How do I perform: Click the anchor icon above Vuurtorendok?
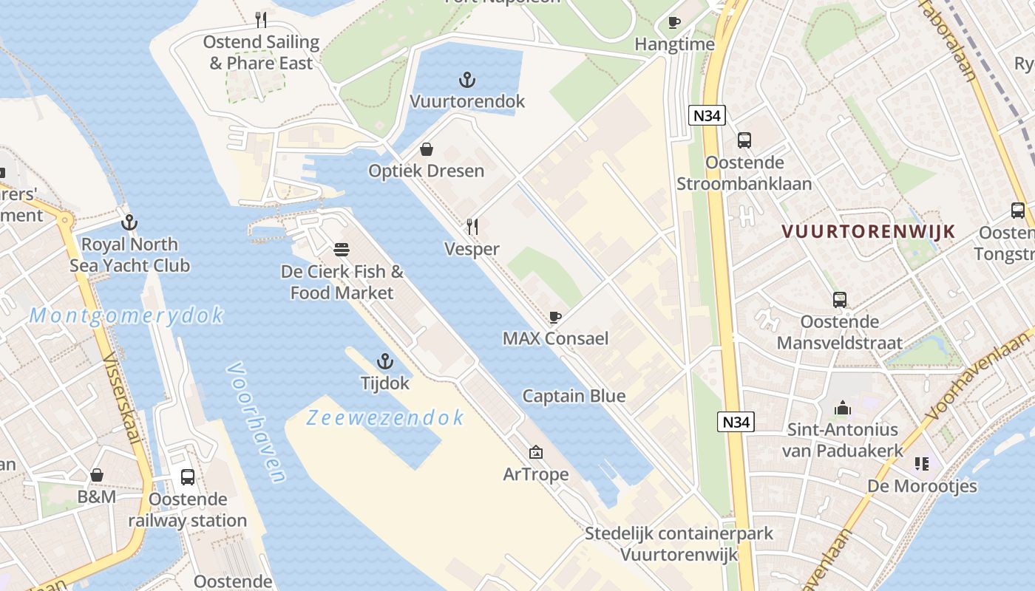pyautogui.click(x=466, y=79)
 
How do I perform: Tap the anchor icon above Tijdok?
pyautogui.click(x=384, y=361)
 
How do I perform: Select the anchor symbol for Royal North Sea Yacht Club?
pyautogui.click(x=129, y=222)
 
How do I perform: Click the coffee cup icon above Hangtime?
pyautogui.click(x=674, y=22)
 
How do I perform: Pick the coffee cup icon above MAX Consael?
pyautogui.click(x=555, y=318)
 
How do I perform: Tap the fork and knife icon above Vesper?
pyautogui.click(x=472, y=226)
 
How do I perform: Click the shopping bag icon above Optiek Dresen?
pyautogui.click(x=427, y=149)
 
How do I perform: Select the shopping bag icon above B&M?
pyautogui.click(x=97, y=474)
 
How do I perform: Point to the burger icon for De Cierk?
pyautogui.click(x=342, y=249)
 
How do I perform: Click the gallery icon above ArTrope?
pyautogui.click(x=536, y=452)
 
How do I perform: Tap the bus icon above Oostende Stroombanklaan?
pyautogui.click(x=744, y=140)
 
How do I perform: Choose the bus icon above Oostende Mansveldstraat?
pyautogui.click(x=840, y=299)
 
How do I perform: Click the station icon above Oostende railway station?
pyautogui.click(x=188, y=477)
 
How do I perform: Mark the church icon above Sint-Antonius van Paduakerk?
pyautogui.click(x=843, y=407)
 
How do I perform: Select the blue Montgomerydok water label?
pyautogui.click(x=126, y=316)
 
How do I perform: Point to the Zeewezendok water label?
pyautogui.click(x=385, y=418)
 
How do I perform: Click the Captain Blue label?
pyautogui.click(x=574, y=396)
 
